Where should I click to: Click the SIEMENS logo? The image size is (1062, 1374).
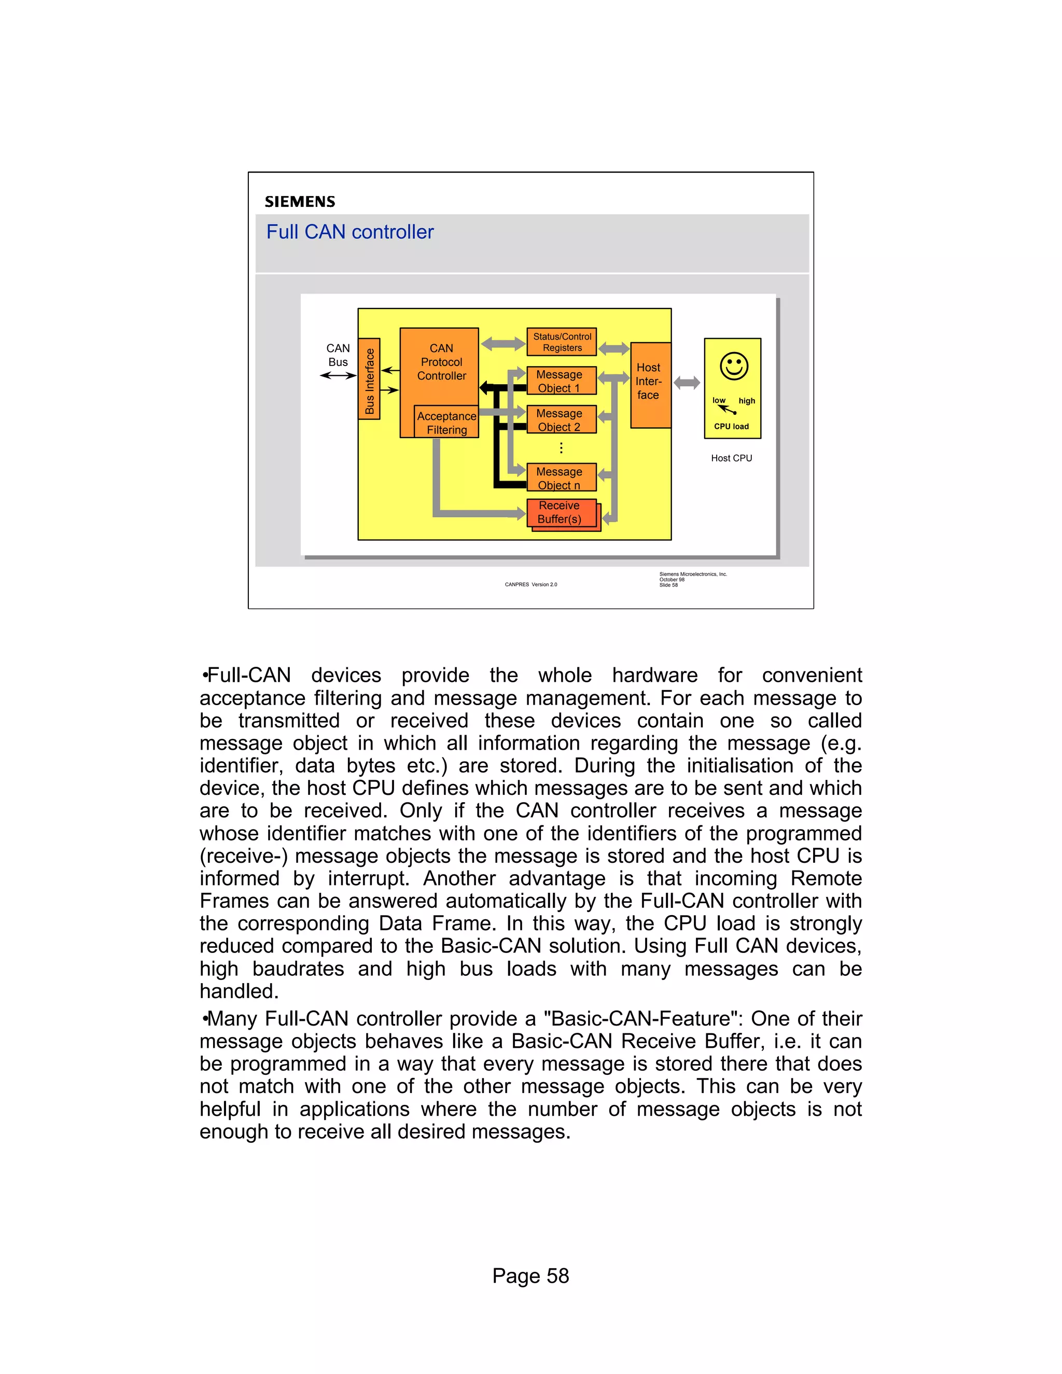(x=300, y=202)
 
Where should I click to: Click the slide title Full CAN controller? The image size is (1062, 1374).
(x=350, y=232)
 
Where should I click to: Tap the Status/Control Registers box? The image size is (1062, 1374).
(x=562, y=342)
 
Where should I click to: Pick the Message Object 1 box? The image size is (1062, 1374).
(x=561, y=381)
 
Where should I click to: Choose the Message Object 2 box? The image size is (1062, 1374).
(x=561, y=419)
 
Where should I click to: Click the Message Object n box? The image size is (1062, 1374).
(x=561, y=478)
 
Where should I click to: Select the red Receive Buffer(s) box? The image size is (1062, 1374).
(x=560, y=513)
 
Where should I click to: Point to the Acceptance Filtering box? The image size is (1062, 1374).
(x=446, y=423)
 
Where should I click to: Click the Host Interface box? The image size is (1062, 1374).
(x=650, y=384)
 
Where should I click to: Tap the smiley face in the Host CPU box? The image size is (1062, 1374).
(x=734, y=366)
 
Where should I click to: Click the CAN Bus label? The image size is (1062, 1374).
(x=338, y=355)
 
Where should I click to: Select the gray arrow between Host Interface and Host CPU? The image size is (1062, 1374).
(x=687, y=383)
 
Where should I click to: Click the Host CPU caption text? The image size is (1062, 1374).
(x=731, y=458)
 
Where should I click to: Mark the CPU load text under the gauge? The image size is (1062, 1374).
(x=731, y=427)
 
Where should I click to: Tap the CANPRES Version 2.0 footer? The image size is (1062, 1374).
(x=530, y=584)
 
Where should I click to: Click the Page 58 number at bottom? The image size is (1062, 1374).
(x=530, y=1276)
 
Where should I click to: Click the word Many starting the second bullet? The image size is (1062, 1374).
(x=232, y=1018)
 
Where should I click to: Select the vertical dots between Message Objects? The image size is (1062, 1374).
(x=561, y=448)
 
